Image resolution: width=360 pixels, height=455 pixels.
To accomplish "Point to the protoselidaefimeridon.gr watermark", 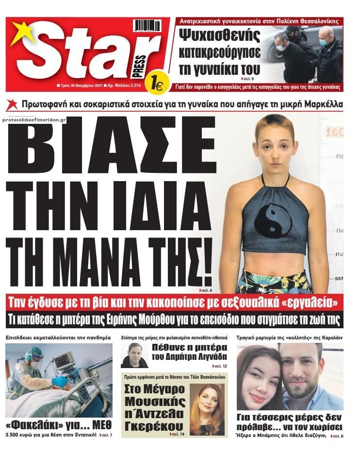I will pos(37,119).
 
